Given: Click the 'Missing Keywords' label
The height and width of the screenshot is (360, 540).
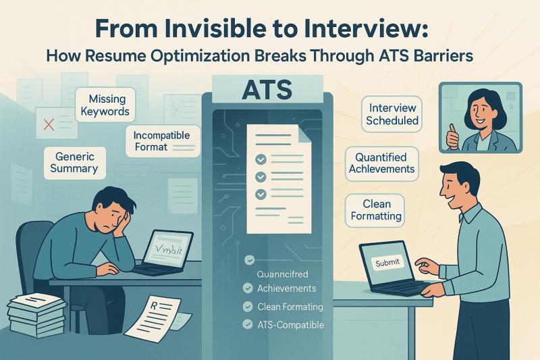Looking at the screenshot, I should point(103,104).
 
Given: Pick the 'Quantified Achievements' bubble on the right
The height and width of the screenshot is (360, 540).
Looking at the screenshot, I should point(381,163).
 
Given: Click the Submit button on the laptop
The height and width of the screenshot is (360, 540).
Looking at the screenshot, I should point(387,262).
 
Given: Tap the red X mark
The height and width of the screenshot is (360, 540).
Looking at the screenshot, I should point(49,124).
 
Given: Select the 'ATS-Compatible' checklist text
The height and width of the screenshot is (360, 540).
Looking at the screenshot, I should point(291,325).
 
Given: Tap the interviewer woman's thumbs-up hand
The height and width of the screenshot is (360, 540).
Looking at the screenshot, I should point(453,139).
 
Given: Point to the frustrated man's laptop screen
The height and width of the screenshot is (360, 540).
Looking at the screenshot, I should point(169,248).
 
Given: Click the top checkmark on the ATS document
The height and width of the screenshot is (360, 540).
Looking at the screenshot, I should point(257,159).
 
